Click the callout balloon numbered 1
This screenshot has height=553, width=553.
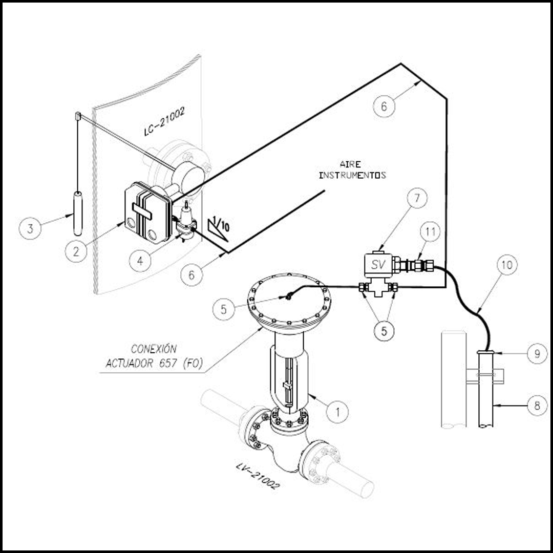pos(337,412)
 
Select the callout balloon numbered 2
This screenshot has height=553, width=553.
pos(76,251)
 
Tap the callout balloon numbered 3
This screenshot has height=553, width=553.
pos(30,228)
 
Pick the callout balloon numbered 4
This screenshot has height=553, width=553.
pos(140,261)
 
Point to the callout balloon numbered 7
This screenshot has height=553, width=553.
pos(417,198)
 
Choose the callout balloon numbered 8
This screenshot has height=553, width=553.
pos(537,406)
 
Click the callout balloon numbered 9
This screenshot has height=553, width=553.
pos(537,353)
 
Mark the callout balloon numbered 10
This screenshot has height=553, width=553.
pos(507,265)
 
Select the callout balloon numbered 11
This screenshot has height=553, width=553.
pos(430,232)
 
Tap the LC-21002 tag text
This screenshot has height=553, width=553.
pos(164,122)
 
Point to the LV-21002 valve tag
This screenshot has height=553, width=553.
pos(258,476)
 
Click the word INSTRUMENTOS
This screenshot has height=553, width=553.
pos(352,175)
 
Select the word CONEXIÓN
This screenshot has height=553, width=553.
pos(154,349)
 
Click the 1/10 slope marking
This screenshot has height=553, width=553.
pos(219,229)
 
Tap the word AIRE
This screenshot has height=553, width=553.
pos(350,164)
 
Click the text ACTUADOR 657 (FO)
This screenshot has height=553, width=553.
pos(155,363)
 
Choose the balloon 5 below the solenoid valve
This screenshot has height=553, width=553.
pos(384,330)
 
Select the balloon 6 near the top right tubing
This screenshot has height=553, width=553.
pos(384,106)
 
